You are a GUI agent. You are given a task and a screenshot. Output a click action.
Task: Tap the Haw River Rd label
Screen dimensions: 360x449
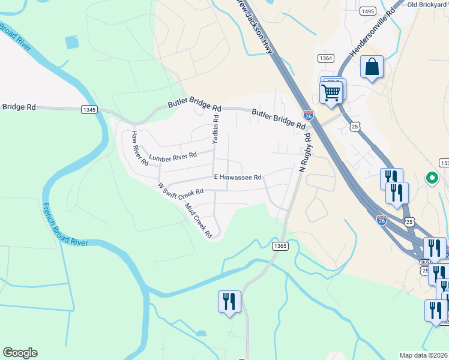(x=140, y=148)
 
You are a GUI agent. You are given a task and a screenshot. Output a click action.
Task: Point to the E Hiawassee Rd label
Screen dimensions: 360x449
(x=238, y=178)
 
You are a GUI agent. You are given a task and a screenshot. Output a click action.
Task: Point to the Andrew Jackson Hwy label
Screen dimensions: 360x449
(x=256, y=27)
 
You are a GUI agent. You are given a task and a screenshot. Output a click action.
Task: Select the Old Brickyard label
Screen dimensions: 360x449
(x=428, y=4)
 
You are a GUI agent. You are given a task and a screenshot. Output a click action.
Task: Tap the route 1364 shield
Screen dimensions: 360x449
(x=326, y=58)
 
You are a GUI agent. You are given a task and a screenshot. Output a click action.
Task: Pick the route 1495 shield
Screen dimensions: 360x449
(x=368, y=11)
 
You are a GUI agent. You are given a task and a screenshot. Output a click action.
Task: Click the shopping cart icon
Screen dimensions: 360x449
(x=331, y=93)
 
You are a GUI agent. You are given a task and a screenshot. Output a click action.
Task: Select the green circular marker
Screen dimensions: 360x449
(x=431, y=178)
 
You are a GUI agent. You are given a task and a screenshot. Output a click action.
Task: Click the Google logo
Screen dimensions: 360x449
(x=20, y=353)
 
